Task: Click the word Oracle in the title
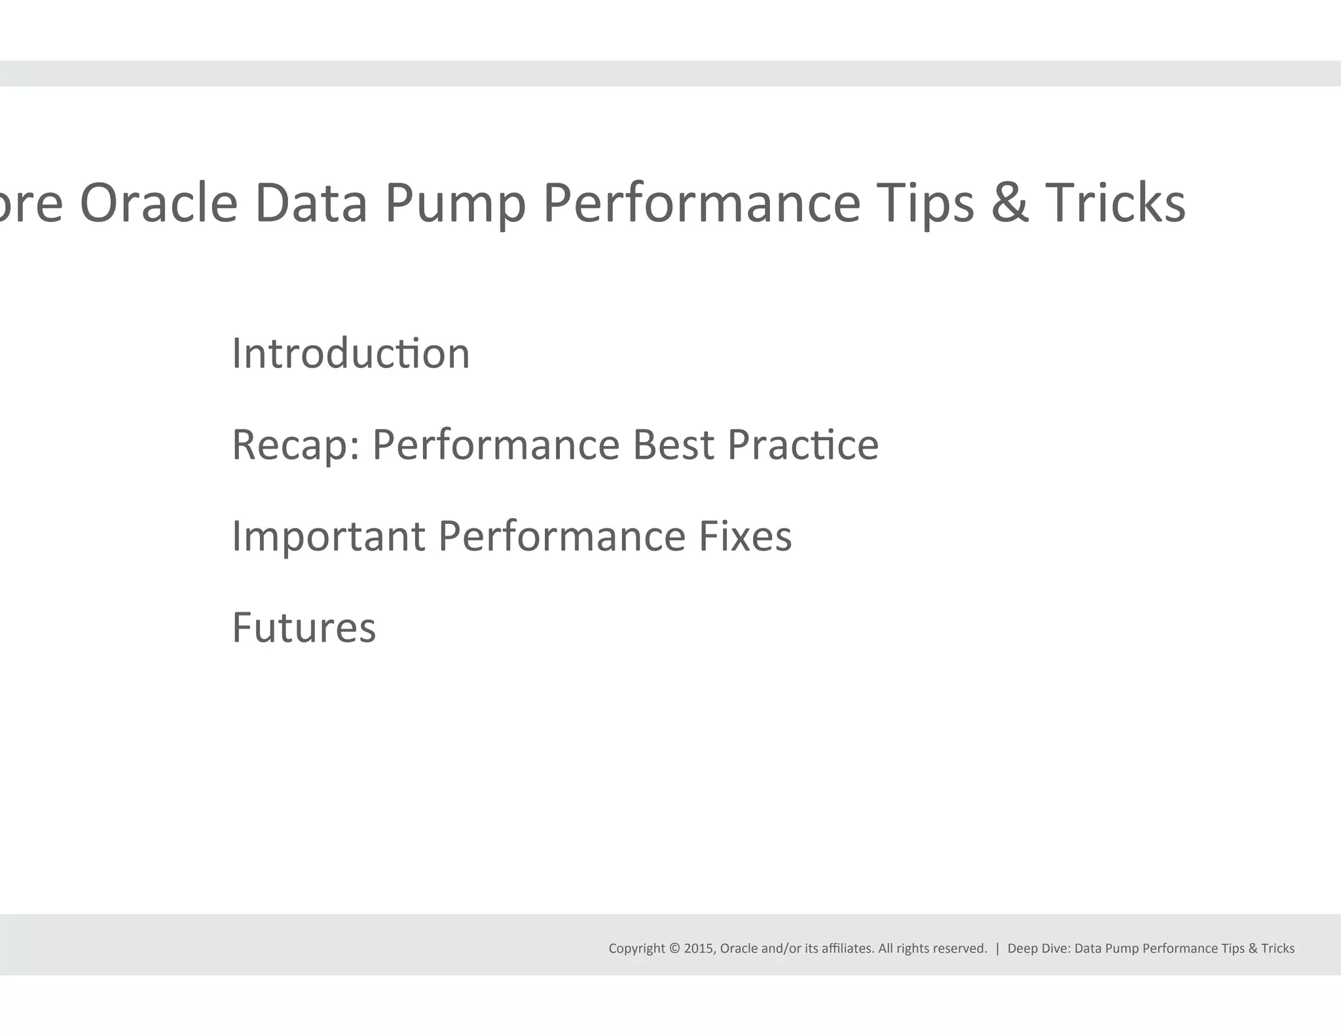point(158,203)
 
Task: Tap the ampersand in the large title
point(1010,203)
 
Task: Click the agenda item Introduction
point(351,354)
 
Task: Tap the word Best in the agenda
point(673,445)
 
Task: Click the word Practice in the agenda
point(803,445)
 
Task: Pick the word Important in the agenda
point(329,537)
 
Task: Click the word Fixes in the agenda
point(745,536)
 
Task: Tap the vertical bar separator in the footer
point(997,948)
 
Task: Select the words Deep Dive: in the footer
point(1038,948)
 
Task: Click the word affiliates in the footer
point(847,948)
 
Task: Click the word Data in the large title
point(311,203)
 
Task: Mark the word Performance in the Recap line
point(496,445)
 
